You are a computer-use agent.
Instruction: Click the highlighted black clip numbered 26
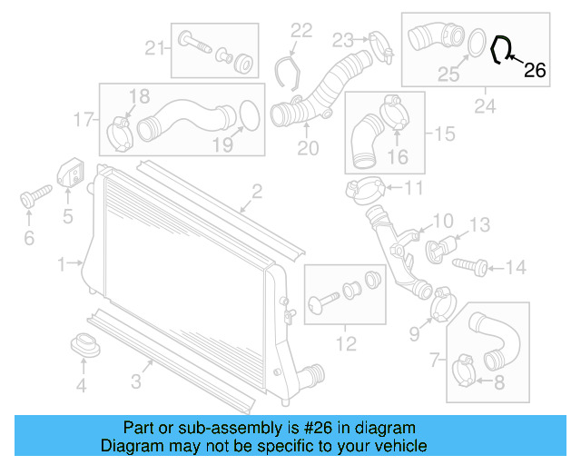tap(500, 49)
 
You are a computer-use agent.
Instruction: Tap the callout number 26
tap(536, 71)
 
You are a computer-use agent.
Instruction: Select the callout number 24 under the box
tap(483, 106)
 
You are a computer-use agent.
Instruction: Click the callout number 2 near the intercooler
tap(257, 191)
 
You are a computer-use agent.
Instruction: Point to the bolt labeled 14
tap(473, 266)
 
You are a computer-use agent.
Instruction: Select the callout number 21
tap(154, 48)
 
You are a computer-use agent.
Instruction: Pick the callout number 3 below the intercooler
tap(135, 381)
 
